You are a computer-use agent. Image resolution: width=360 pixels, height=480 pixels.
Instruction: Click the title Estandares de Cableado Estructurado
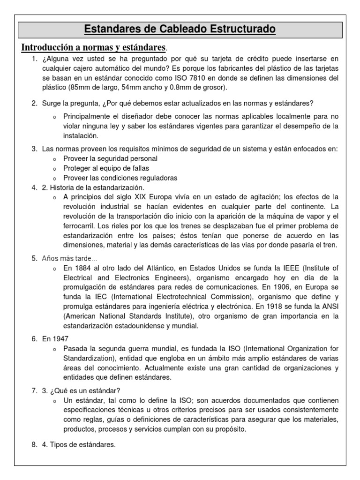(x=180, y=30)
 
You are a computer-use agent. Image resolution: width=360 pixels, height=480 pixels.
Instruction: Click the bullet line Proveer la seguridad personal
(x=110, y=158)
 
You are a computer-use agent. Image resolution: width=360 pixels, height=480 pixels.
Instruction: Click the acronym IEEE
(x=291, y=268)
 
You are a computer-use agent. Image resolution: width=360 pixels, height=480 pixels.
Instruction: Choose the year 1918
(x=282, y=307)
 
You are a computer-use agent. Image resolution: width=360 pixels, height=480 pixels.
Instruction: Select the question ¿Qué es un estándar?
(x=76, y=391)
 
